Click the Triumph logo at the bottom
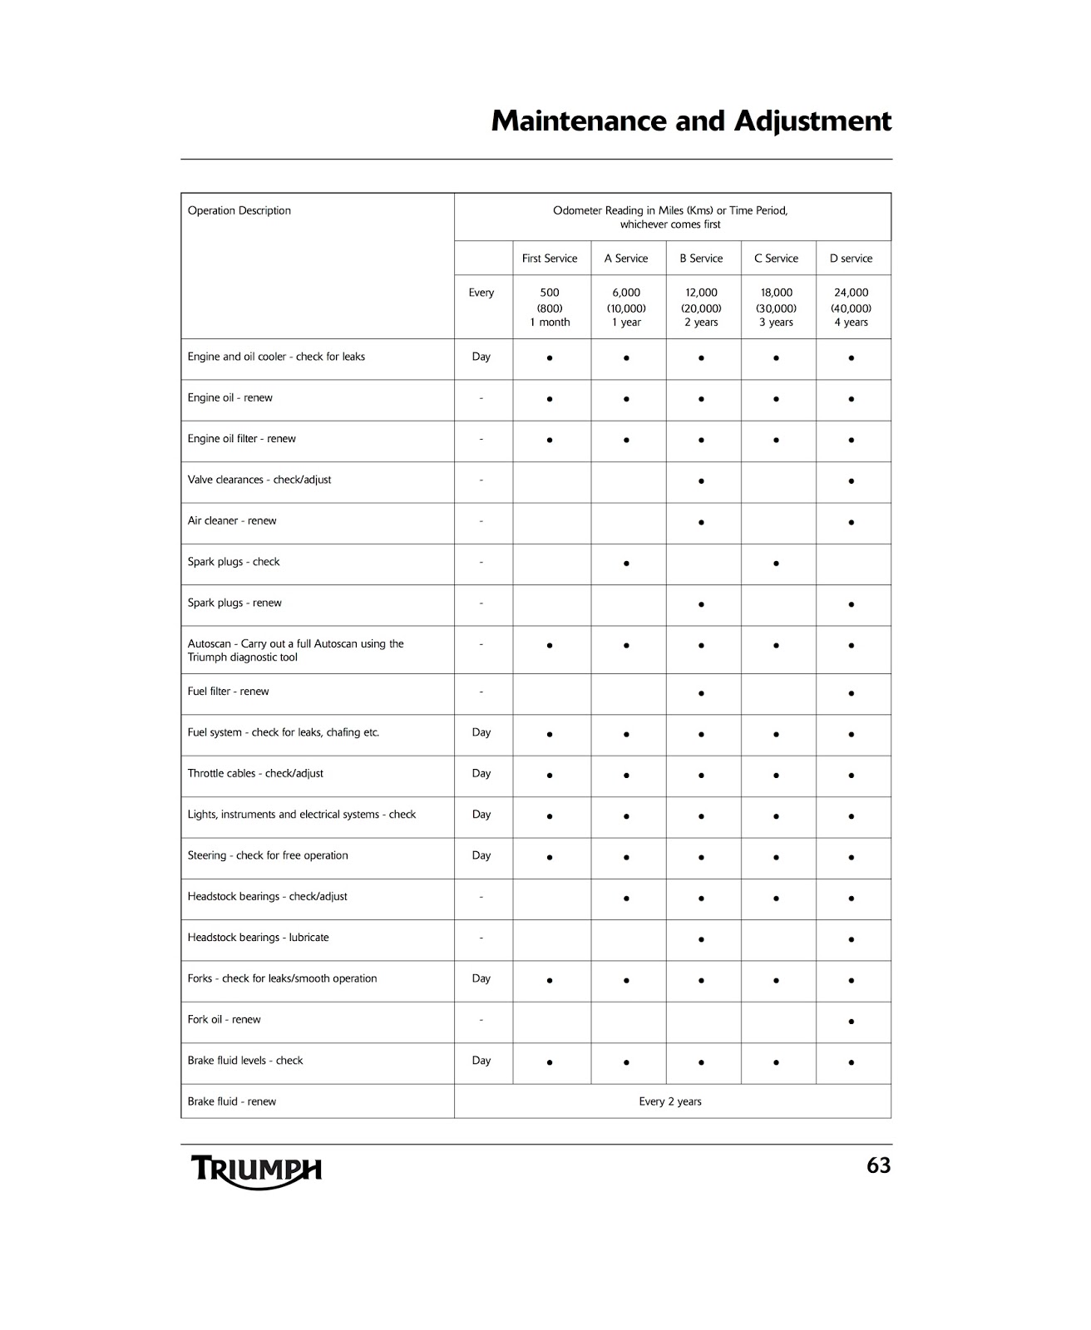point(257,1170)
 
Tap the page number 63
point(878,1166)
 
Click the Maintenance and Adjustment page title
point(691,121)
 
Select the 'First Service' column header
point(550,259)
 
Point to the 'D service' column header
point(851,259)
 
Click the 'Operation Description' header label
point(239,210)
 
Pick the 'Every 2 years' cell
point(670,1101)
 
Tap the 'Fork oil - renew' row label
point(224,1019)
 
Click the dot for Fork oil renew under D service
point(851,1022)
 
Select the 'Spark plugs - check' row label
point(234,562)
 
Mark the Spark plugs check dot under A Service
point(626,564)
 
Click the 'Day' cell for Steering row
point(481,855)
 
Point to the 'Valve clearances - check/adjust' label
point(259,480)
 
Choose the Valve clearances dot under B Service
point(701,481)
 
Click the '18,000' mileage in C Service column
point(776,293)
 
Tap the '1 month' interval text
point(550,323)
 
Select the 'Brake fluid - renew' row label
point(232,1101)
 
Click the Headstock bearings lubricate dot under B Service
point(701,939)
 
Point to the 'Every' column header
point(481,293)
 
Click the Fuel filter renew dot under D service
point(851,693)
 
